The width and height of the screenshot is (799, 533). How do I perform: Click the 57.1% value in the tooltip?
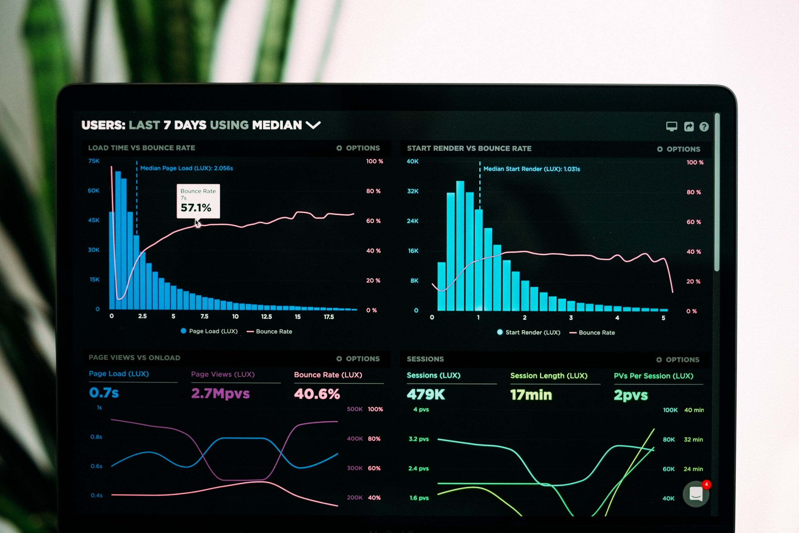point(196,207)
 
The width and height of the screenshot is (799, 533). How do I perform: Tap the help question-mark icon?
point(704,127)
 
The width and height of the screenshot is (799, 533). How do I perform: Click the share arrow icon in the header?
point(689,127)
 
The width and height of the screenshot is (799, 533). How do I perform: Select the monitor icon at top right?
point(671,126)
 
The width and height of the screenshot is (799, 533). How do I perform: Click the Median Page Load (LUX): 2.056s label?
point(187,168)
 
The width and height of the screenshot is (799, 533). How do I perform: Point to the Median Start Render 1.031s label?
point(531,169)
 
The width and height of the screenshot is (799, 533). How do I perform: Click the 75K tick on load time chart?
point(94,161)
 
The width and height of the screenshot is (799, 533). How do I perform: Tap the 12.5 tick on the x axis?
point(266,317)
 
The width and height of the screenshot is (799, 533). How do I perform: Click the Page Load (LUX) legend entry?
point(209,331)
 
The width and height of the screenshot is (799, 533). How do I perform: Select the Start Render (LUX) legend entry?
point(529,332)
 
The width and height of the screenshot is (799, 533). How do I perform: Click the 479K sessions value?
point(426,394)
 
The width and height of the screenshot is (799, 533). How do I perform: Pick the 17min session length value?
point(531,395)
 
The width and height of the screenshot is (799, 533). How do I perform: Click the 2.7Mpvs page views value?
point(220,393)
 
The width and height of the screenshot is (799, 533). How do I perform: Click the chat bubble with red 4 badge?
point(696,494)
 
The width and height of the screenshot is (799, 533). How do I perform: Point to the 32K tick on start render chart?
point(413,191)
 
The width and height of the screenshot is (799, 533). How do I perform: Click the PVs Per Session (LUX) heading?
point(653,376)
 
